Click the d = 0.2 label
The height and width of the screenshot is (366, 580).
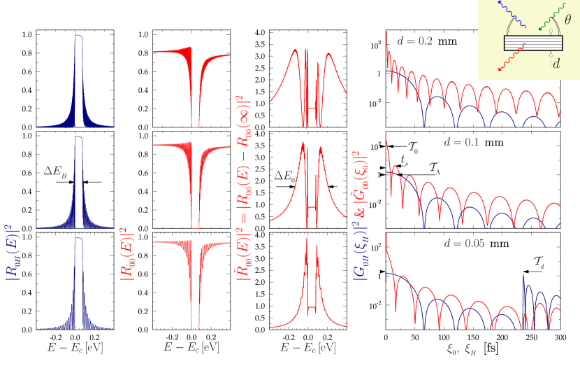click(x=414, y=41)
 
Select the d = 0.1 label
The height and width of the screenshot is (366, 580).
click(x=461, y=142)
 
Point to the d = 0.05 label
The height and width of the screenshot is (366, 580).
click(x=464, y=244)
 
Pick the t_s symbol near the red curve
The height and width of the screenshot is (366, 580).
click(x=405, y=160)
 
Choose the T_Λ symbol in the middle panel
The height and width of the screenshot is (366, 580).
click(x=434, y=169)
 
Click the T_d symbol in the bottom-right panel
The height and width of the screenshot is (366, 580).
click(x=539, y=262)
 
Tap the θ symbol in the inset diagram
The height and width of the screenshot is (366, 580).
click(x=567, y=20)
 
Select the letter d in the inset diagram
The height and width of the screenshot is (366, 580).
click(x=556, y=64)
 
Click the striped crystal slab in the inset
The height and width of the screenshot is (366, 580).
click(x=532, y=42)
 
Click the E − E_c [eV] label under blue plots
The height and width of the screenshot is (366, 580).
click(x=75, y=348)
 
